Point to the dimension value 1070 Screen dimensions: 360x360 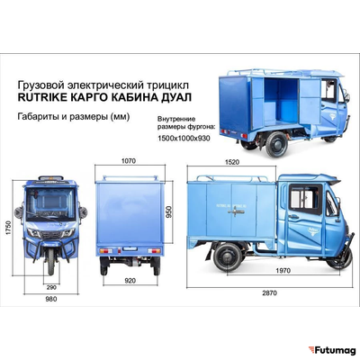point(129,162)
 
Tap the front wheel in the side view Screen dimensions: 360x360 point(338,256)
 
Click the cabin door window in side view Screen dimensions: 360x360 point(305,200)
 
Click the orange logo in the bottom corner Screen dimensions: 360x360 point(310,350)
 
